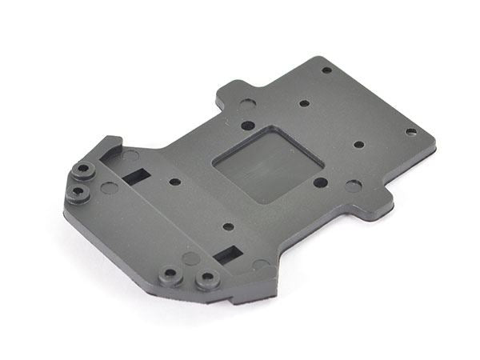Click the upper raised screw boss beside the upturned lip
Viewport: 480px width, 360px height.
(x=83, y=170)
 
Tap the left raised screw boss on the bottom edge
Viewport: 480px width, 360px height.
(x=170, y=277)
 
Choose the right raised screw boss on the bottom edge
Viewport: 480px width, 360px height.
(x=207, y=280)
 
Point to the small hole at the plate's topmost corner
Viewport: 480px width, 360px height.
(x=326, y=70)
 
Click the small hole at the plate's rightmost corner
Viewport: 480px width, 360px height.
(x=410, y=131)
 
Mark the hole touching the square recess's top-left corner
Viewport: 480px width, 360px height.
(x=248, y=126)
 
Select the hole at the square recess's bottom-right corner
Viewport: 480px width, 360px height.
(x=320, y=182)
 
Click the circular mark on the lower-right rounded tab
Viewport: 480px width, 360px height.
(x=353, y=186)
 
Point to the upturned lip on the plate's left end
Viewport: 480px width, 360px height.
(x=108, y=150)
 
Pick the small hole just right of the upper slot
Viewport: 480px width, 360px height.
(x=175, y=182)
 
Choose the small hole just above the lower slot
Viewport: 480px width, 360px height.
(x=228, y=227)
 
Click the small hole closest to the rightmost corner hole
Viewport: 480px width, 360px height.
(x=358, y=145)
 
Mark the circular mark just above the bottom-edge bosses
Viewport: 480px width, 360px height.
(x=190, y=258)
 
